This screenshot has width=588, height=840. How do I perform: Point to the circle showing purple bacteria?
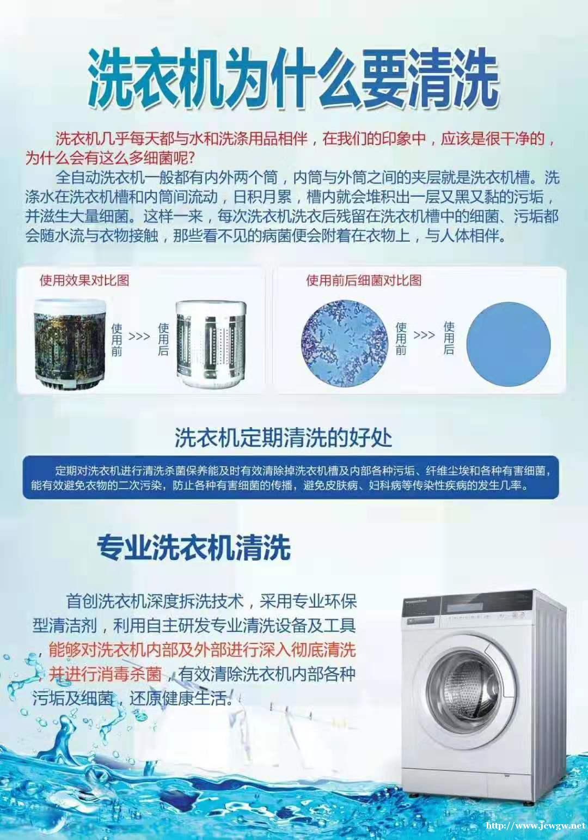(x=345, y=343)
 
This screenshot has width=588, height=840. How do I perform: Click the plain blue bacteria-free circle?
(x=509, y=344)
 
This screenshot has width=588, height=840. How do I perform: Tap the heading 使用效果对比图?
(x=84, y=280)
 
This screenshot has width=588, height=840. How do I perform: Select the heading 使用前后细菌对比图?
(x=364, y=280)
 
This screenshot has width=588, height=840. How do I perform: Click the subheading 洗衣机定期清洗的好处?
(x=283, y=438)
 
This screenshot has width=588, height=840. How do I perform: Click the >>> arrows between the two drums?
(x=139, y=336)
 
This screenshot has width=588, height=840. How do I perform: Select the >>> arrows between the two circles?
(x=424, y=334)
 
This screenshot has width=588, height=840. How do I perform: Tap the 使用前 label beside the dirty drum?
(x=117, y=340)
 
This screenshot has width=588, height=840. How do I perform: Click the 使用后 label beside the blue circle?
(x=449, y=338)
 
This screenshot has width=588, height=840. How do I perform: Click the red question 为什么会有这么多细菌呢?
(x=109, y=159)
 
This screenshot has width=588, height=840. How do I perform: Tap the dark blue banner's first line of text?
(x=304, y=471)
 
